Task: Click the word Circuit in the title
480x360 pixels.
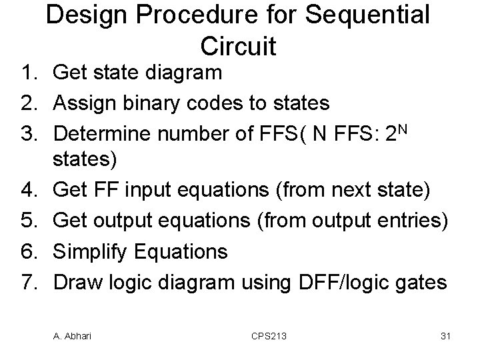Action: (x=238, y=45)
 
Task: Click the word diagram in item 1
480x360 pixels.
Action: (x=179, y=73)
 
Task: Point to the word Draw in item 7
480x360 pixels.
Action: (x=76, y=281)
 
